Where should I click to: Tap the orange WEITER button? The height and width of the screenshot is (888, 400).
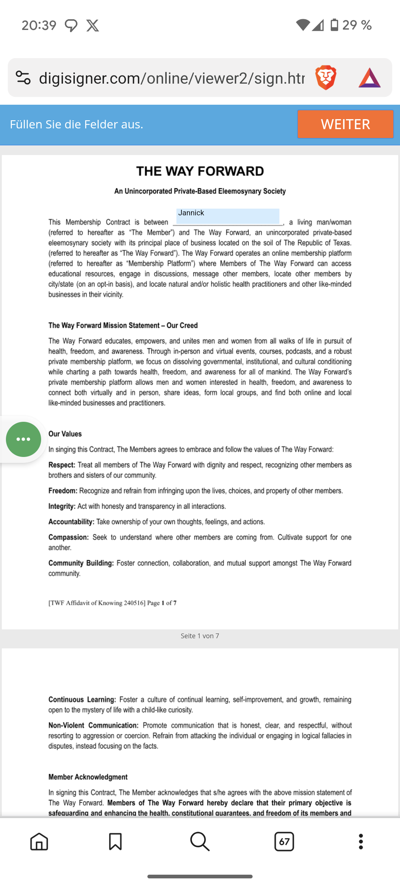(x=345, y=124)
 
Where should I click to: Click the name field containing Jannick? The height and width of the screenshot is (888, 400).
(x=227, y=216)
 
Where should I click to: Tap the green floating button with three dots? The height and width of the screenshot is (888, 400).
(x=23, y=439)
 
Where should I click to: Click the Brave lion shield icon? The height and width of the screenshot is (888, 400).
(x=326, y=78)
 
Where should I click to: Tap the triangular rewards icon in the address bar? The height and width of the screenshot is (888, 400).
(x=369, y=78)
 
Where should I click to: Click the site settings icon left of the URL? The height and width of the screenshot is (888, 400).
(x=23, y=78)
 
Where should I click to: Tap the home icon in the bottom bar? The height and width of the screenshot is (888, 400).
(x=39, y=842)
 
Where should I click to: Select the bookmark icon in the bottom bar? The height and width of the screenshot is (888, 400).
(x=115, y=842)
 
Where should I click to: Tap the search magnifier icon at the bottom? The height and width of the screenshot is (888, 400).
(x=200, y=842)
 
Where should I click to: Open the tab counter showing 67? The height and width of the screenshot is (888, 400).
(x=284, y=842)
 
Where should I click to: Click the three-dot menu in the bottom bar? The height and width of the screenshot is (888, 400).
(x=361, y=842)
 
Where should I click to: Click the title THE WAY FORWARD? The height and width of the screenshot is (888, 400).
(x=200, y=171)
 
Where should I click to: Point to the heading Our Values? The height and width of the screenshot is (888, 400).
(x=65, y=434)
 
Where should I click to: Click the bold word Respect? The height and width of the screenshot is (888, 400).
(x=62, y=465)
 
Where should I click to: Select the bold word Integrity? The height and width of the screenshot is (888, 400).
(x=62, y=506)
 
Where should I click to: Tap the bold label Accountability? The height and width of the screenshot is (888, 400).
(x=71, y=522)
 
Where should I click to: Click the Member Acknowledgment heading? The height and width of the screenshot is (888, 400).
(x=88, y=777)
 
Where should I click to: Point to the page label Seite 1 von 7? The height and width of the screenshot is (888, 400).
(x=200, y=636)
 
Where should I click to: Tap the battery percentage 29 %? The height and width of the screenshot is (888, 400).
(x=357, y=25)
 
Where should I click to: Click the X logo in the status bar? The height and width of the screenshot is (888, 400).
(x=93, y=26)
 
